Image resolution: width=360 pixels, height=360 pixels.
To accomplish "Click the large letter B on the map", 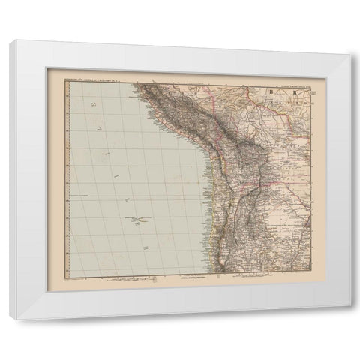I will pyautogui.click(x=271, y=92).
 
